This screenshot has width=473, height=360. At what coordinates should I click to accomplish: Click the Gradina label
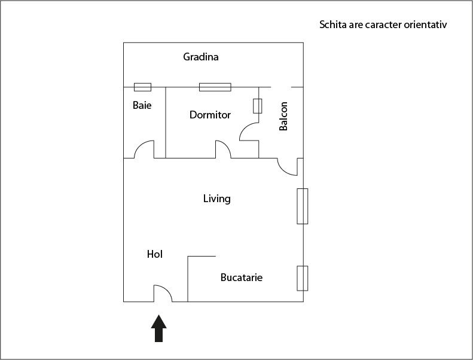click(200, 57)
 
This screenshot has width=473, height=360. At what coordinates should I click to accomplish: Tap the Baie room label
click(142, 105)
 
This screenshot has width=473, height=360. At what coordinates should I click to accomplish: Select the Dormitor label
click(210, 115)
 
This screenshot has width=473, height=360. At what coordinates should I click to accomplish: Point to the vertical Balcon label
click(284, 116)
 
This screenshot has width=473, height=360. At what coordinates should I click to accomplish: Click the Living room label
click(216, 199)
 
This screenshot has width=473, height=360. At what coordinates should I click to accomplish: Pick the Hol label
click(155, 254)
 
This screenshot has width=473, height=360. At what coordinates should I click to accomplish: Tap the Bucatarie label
click(242, 277)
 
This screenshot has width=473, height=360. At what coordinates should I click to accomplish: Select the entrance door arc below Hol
click(163, 293)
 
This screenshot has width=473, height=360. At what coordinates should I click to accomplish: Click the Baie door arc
click(144, 150)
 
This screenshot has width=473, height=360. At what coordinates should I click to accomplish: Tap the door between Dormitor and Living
click(222, 150)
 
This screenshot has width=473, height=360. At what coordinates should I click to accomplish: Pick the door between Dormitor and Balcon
click(248, 131)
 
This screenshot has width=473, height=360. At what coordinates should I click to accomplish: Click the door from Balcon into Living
click(288, 167)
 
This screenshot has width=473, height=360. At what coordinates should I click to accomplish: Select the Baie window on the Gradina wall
click(142, 87)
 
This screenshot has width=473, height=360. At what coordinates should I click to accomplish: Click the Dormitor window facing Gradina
click(215, 87)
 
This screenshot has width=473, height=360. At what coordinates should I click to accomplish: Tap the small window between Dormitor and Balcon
click(258, 106)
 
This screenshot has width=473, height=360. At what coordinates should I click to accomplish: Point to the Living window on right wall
click(303, 206)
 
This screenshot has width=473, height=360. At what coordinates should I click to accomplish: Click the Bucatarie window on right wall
click(303, 278)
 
